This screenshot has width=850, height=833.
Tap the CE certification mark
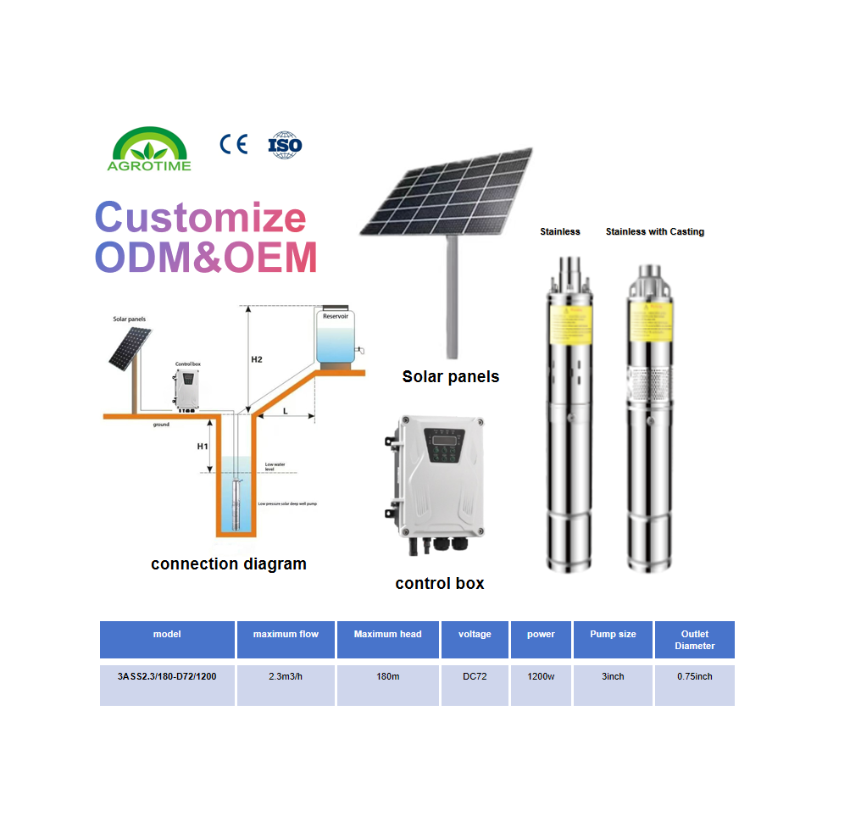pyautogui.click(x=233, y=144)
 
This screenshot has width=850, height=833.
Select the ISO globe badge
pyautogui.click(x=285, y=144)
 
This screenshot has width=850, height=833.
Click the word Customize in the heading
pyautogui.click(x=200, y=218)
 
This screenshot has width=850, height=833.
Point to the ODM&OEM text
pyautogui.click(x=206, y=256)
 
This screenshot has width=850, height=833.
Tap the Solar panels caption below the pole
pyautogui.click(x=450, y=376)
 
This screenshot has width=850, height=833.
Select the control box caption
pyautogui.click(x=440, y=583)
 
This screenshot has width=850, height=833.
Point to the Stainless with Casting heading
pyautogui.click(x=654, y=231)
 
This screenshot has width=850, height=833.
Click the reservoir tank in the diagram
pyautogui.click(x=336, y=340)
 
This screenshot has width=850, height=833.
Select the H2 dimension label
pyautogui.click(x=257, y=359)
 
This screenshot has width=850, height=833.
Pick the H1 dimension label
pyautogui.click(x=203, y=446)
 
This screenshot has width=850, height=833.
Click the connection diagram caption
pyautogui.click(x=229, y=564)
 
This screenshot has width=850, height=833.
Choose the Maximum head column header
pyautogui.click(x=387, y=634)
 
